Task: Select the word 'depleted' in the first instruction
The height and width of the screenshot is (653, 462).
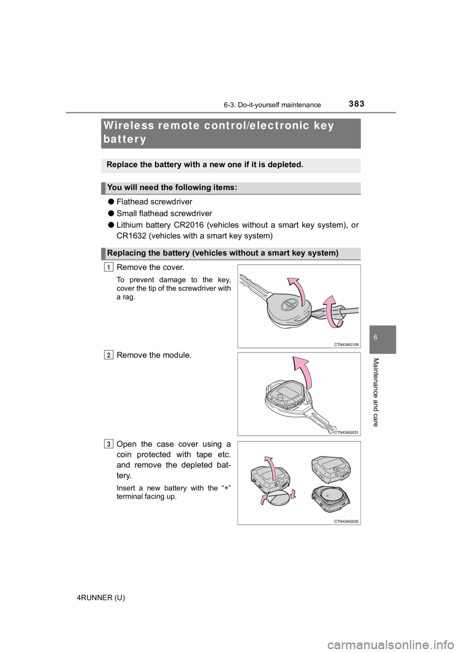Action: (283, 164)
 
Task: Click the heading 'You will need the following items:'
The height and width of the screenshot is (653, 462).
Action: (172, 188)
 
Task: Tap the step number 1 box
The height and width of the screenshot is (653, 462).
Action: (109, 268)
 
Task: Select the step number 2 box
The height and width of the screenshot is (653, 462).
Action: (109, 355)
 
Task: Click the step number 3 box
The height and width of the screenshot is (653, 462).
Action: (109, 444)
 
